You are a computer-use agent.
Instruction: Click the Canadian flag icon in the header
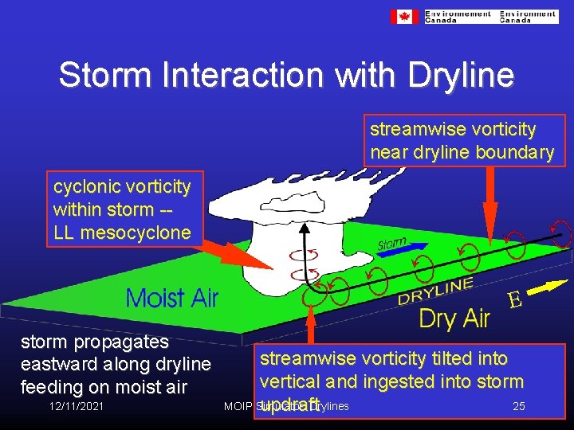tap(403, 17)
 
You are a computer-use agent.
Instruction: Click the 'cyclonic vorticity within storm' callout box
tap(124, 209)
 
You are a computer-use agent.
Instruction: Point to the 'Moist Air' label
tap(172, 298)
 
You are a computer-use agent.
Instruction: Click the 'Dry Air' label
tap(454, 319)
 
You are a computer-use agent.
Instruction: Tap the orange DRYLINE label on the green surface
tap(435, 291)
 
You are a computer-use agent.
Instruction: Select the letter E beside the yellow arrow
tap(515, 300)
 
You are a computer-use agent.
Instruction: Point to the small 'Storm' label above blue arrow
tap(391, 244)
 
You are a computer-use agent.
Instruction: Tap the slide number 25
tap(518, 406)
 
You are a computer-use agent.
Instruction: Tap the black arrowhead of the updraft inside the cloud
tap(304, 228)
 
